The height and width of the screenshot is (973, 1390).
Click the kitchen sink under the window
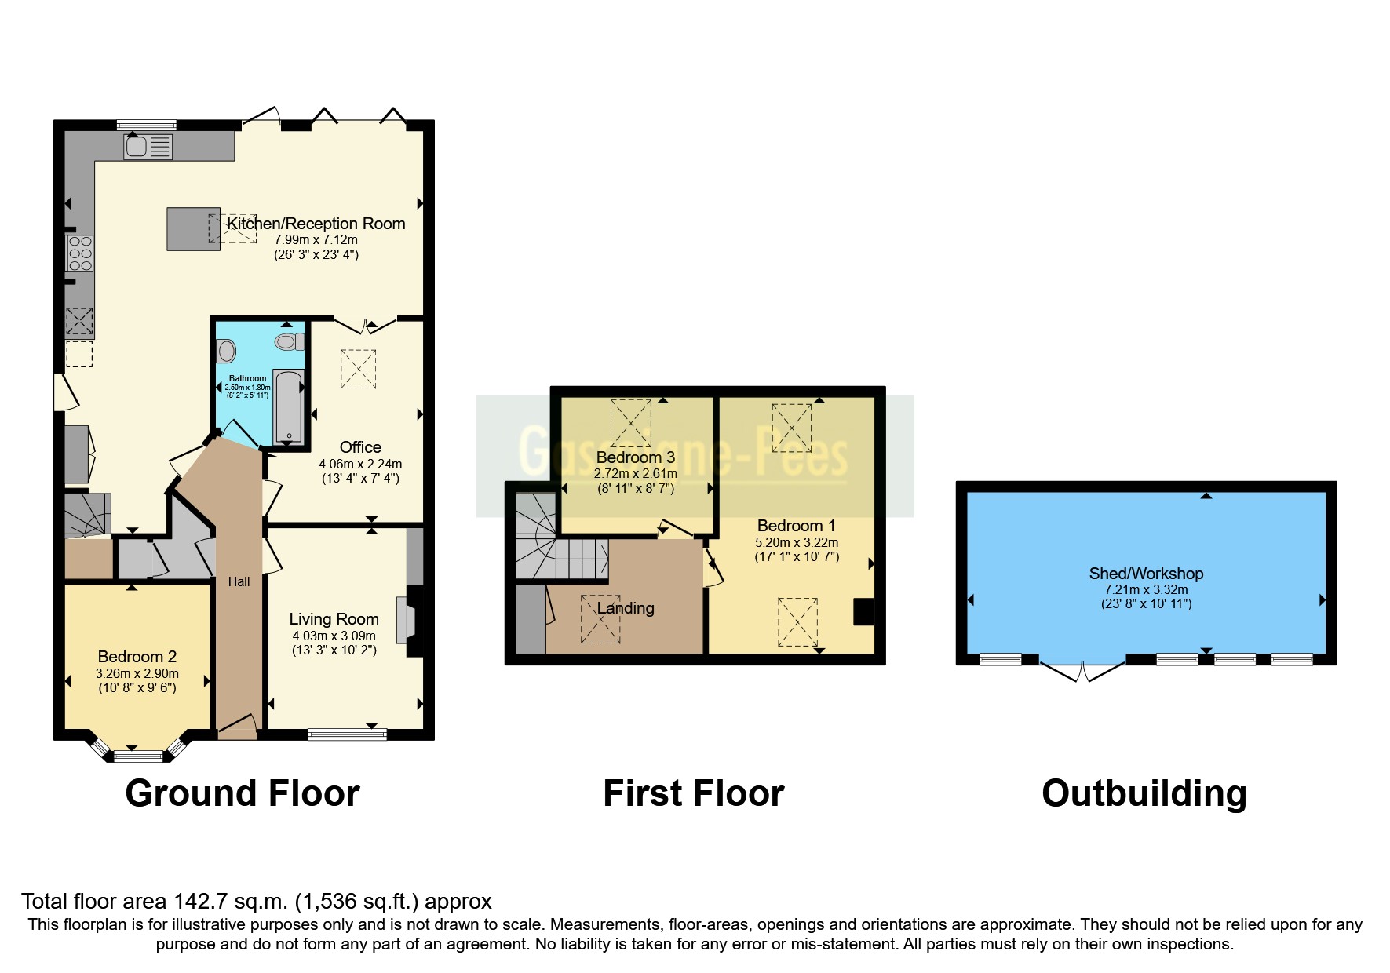click(148, 147)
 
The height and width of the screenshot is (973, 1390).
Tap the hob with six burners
click(80, 253)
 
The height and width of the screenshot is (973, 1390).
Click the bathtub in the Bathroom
click(288, 406)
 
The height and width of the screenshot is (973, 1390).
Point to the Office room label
click(360, 447)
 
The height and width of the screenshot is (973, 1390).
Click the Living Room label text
click(334, 619)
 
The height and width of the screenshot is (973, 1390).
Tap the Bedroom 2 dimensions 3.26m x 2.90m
click(137, 673)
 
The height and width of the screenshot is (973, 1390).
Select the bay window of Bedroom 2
click(138, 756)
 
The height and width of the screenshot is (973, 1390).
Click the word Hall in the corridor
click(239, 581)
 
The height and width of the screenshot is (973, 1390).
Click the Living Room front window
click(347, 734)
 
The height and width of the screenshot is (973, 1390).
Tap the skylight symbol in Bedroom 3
click(631, 422)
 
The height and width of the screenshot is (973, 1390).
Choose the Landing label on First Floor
click(626, 608)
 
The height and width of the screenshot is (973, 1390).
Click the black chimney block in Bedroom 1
click(863, 611)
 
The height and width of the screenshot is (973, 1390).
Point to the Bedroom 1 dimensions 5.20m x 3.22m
click(797, 542)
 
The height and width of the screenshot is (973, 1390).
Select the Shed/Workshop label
click(1146, 574)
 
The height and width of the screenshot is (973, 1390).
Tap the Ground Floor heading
click(243, 793)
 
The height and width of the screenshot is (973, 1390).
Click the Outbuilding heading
click(1144, 793)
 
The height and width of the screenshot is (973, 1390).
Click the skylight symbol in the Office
click(358, 369)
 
